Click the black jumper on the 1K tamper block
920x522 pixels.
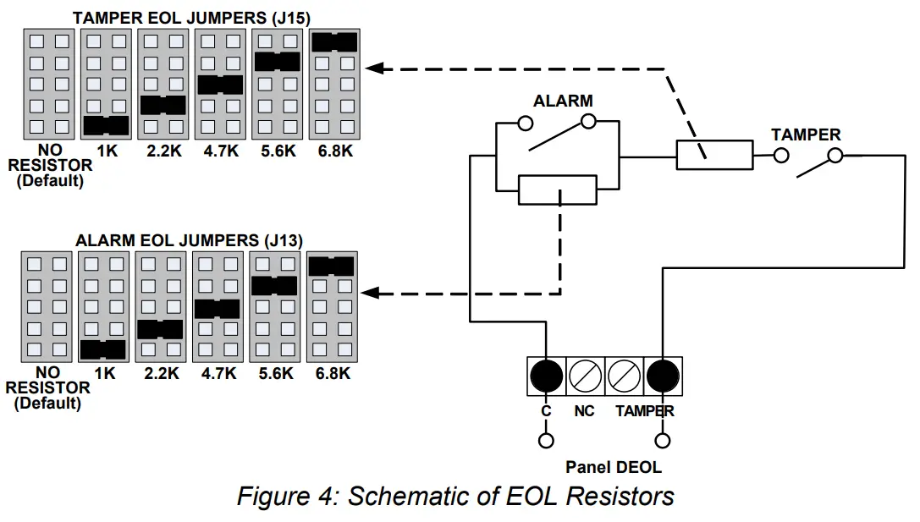(x=106, y=126)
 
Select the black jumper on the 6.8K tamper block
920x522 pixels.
(x=334, y=42)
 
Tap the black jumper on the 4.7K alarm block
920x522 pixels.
(x=217, y=309)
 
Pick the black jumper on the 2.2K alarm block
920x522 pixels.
(x=160, y=330)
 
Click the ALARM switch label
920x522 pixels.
(x=563, y=101)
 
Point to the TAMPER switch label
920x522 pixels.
(x=806, y=135)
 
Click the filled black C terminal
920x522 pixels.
(x=546, y=376)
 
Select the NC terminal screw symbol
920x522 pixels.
(x=585, y=376)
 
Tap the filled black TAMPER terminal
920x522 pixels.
(x=663, y=376)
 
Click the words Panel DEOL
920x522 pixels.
(x=613, y=468)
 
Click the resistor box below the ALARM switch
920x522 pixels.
(x=558, y=190)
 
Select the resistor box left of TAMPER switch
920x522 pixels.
(x=714, y=155)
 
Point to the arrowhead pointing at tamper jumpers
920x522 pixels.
(x=374, y=68)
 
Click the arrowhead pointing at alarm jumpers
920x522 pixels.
(x=370, y=293)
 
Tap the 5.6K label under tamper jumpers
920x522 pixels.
(x=278, y=151)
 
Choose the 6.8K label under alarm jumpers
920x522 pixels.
(x=333, y=374)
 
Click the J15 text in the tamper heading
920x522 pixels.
(x=292, y=18)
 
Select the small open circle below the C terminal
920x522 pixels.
(x=546, y=441)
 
